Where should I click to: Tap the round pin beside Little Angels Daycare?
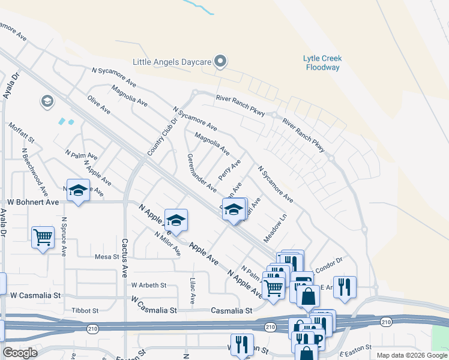[x=220, y=61]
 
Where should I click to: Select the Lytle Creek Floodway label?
[x=322, y=62]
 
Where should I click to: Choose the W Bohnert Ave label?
[x=33, y=202]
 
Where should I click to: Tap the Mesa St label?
[x=107, y=257]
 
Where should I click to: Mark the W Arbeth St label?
[x=149, y=285]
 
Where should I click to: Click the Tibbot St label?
[x=85, y=310]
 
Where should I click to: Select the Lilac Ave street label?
[x=193, y=290]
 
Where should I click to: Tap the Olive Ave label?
[x=99, y=104]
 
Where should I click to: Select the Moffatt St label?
[x=22, y=133]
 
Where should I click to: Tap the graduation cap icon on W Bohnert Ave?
[x=77, y=191]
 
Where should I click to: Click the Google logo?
[x=20, y=353]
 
